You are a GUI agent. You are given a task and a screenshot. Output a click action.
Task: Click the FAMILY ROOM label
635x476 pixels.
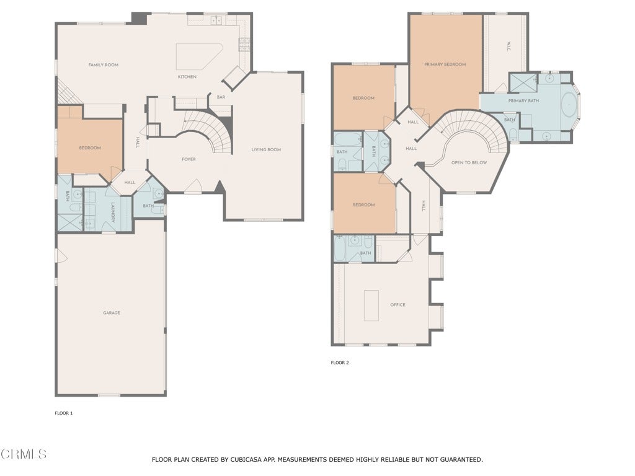[x=104, y=64]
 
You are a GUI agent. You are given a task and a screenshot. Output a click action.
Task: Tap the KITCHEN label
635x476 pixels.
[x=187, y=76]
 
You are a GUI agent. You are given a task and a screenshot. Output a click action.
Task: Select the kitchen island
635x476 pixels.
[x=199, y=56]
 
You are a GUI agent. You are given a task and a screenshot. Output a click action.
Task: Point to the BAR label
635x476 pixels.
[x=221, y=97]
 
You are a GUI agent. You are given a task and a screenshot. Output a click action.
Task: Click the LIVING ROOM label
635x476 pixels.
[x=266, y=149]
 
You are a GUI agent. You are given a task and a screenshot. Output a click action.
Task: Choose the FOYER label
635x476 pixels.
[x=189, y=159]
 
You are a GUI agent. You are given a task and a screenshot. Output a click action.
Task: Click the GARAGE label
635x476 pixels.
[x=112, y=313]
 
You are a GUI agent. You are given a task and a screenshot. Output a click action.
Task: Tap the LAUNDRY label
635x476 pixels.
[x=113, y=213]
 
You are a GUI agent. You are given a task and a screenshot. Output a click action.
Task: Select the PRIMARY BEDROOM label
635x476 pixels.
[x=445, y=64]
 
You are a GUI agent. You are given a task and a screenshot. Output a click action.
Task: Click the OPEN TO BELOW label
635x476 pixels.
[x=469, y=163]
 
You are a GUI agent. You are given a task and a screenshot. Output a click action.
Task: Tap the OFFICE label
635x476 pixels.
[x=397, y=305]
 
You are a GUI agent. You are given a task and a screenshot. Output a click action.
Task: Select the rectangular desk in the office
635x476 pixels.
[x=371, y=305]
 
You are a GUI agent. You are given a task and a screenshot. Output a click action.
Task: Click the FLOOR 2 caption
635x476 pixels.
[x=340, y=363]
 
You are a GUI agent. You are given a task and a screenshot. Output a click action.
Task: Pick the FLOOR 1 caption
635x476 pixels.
[x=64, y=413]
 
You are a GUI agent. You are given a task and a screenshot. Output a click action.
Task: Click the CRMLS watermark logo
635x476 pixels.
[x=24, y=454]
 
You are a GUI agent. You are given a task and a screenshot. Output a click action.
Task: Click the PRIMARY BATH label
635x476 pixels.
[x=523, y=101]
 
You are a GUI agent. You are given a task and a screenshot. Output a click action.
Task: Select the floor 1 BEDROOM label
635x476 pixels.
[x=90, y=148]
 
